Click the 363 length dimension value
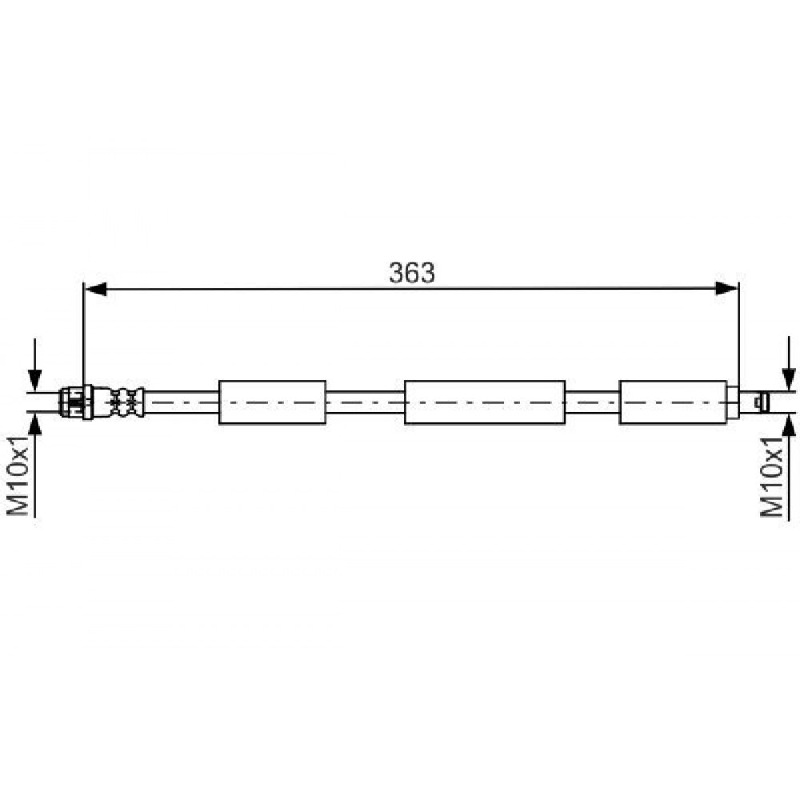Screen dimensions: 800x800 click(x=412, y=273)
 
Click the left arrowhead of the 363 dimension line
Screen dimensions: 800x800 click(x=95, y=289)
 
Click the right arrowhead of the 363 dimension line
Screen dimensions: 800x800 click(x=727, y=289)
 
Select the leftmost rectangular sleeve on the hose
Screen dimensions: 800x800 click(x=273, y=402)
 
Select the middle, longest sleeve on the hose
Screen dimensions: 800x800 click(x=485, y=402)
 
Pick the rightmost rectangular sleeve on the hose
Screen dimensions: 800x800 click(x=673, y=402)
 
